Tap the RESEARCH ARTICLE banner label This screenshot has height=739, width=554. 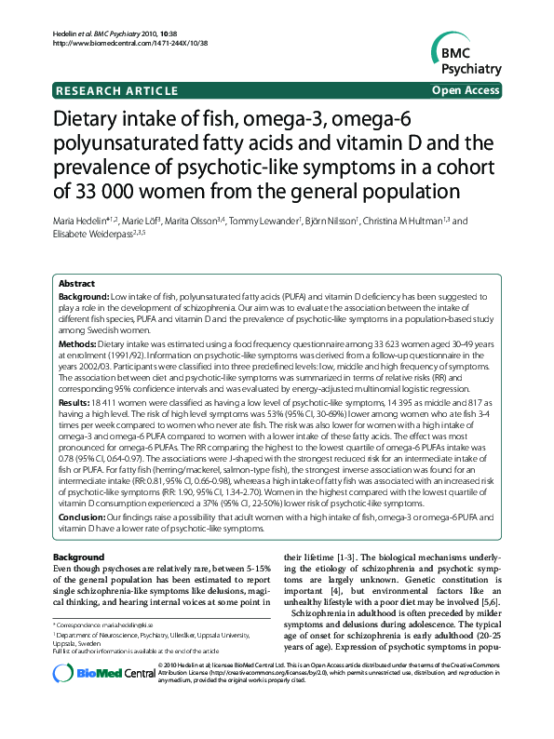coord(116,90)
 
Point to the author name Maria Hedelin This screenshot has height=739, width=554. coord(83,222)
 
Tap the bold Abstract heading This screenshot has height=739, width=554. coord(76,283)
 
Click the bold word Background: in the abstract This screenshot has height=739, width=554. coord(83,295)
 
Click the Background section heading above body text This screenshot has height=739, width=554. coord(79,557)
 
